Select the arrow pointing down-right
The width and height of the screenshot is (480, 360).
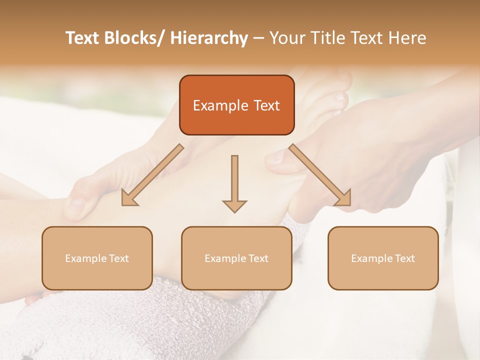320,175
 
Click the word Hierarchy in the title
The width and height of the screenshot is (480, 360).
209,38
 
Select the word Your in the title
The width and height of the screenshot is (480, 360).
287,38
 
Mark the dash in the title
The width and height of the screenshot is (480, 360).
258,38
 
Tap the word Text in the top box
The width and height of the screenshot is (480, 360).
265,106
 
